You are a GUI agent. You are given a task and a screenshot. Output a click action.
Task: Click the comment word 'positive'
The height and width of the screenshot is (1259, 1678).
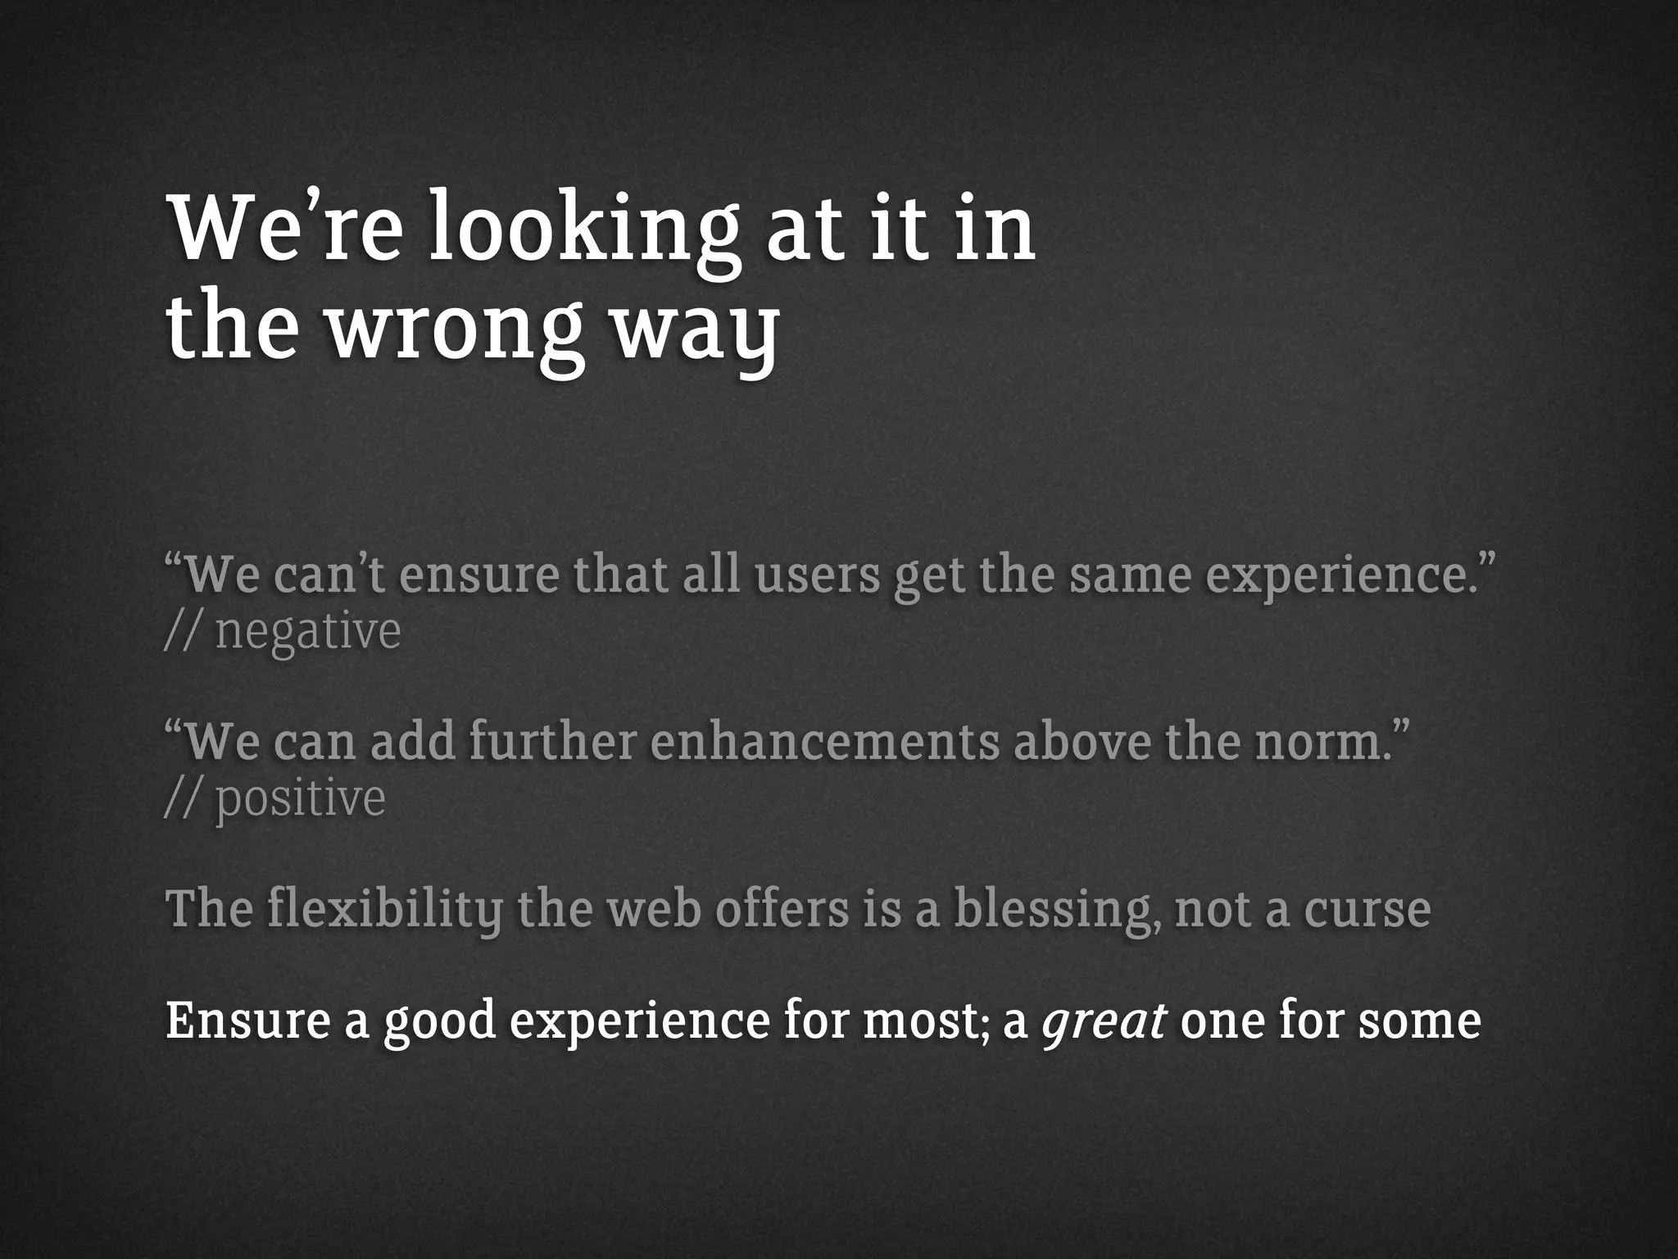300,798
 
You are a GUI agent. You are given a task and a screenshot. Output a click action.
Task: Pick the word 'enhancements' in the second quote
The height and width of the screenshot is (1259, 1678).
825,741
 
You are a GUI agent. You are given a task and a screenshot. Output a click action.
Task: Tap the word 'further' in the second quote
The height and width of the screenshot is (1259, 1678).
552,741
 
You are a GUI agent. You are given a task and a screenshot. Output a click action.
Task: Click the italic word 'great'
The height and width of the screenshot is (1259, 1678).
1104,1021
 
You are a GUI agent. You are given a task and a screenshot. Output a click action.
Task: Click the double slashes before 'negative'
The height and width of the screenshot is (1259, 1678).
182,632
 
